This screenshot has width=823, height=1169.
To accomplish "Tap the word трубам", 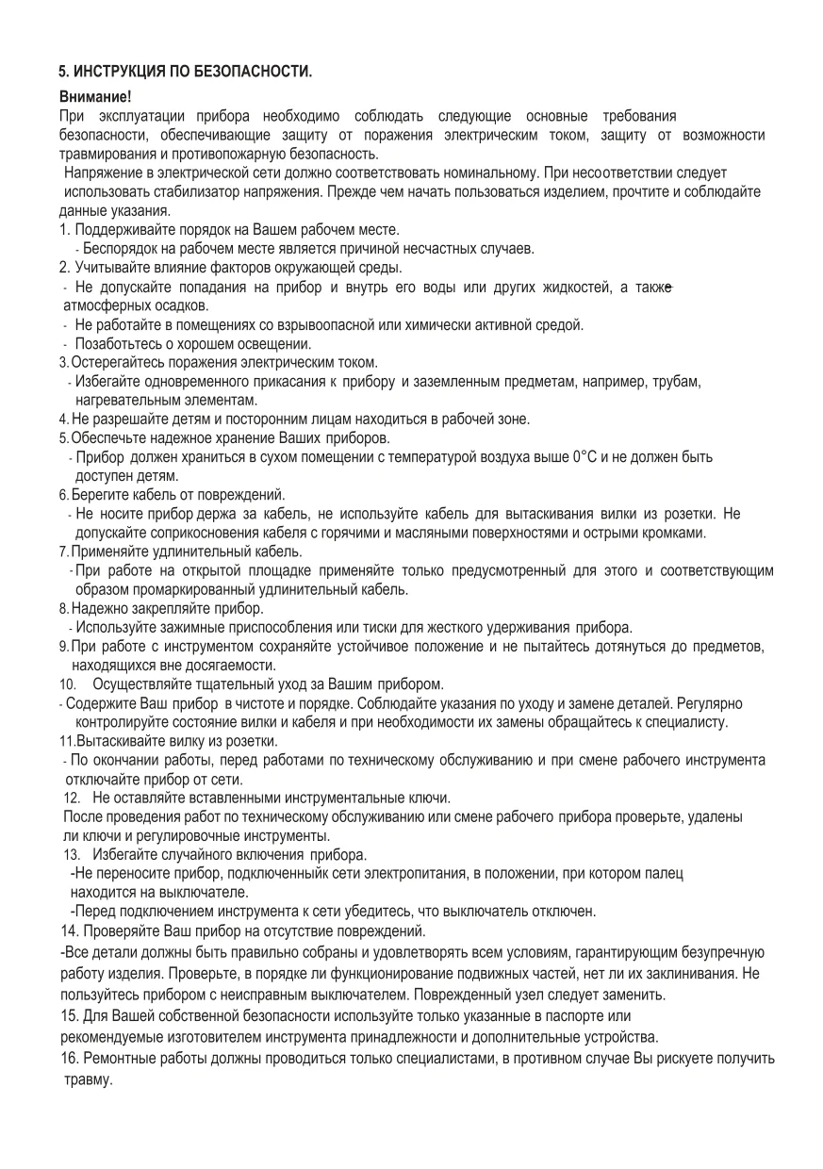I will (677, 381).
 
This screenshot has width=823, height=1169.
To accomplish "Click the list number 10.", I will (67, 683).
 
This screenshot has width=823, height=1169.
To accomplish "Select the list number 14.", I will (67, 931).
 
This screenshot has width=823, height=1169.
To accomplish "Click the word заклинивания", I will (687, 971).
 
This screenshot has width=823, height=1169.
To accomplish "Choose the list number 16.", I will (67, 1059).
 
